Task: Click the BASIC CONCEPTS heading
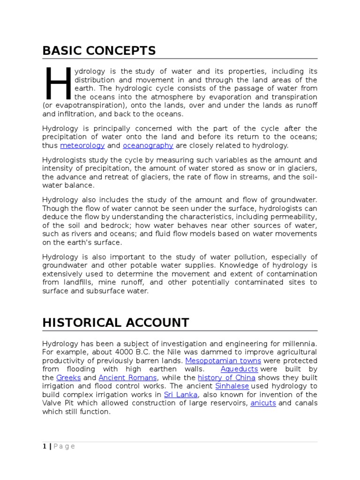click(x=99, y=51)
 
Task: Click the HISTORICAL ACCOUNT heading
click(x=115, y=322)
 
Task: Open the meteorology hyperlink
click(x=82, y=146)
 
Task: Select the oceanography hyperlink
click(x=148, y=146)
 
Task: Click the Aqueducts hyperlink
click(x=239, y=369)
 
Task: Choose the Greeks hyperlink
click(x=68, y=378)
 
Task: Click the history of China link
click(x=226, y=378)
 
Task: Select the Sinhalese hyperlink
click(x=233, y=386)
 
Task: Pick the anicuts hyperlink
click(x=263, y=403)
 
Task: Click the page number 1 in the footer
click(x=45, y=446)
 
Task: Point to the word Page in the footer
click(x=64, y=446)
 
